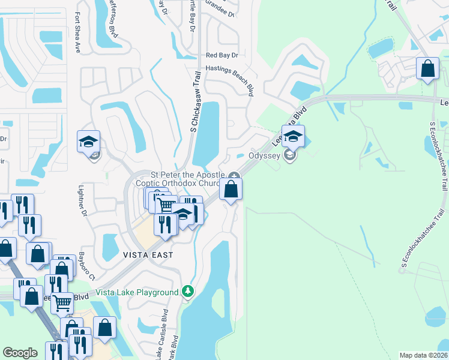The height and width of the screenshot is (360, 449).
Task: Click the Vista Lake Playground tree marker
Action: click(188, 292)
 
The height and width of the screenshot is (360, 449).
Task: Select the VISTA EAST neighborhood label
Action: click(148, 255)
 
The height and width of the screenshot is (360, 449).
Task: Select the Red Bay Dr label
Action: click(222, 55)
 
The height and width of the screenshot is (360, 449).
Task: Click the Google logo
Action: click(20, 353)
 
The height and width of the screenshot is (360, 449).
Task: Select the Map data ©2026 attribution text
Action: click(423, 355)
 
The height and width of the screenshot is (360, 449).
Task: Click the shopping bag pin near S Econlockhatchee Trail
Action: click(428, 68)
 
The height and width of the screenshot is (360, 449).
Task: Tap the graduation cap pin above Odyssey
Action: click(294, 136)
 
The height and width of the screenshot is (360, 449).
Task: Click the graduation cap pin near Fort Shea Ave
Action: click(88, 142)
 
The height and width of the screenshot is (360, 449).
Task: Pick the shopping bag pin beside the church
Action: click(231, 190)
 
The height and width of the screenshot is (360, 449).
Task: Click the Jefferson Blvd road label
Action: click(113, 18)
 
